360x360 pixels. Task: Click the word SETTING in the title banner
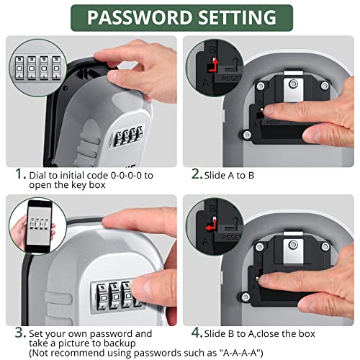coord(232,17)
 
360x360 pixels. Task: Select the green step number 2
coord(197,174)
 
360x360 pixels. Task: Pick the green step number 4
coord(197,333)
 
